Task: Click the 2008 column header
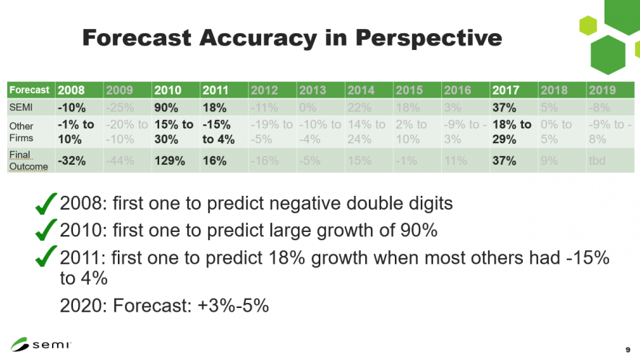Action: pos(71,90)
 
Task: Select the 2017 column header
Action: pos(506,90)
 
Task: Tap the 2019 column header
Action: pos(602,90)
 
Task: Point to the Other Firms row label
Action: pos(21,131)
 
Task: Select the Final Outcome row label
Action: pos(27,160)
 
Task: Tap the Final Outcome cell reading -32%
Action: pos(72,160)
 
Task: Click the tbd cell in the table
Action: pos(598,160)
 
